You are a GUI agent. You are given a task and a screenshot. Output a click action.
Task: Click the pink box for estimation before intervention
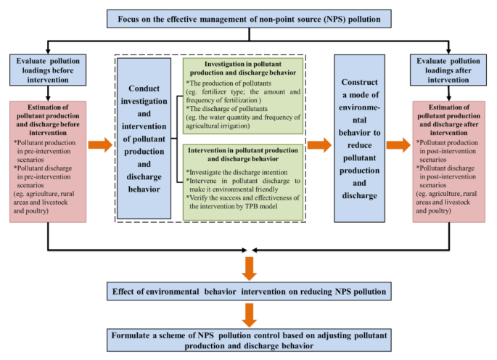click(x=48, y=160)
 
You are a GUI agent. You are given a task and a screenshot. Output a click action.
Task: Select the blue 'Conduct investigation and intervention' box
click(x=144, y=138)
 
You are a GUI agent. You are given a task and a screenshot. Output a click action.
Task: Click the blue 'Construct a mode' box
click(x=360, y=138)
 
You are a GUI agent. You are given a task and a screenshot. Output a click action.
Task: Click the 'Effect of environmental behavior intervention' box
click(x=249, y=292)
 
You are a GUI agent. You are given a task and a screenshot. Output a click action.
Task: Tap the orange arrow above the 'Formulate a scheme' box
click(x=249, y=314)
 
